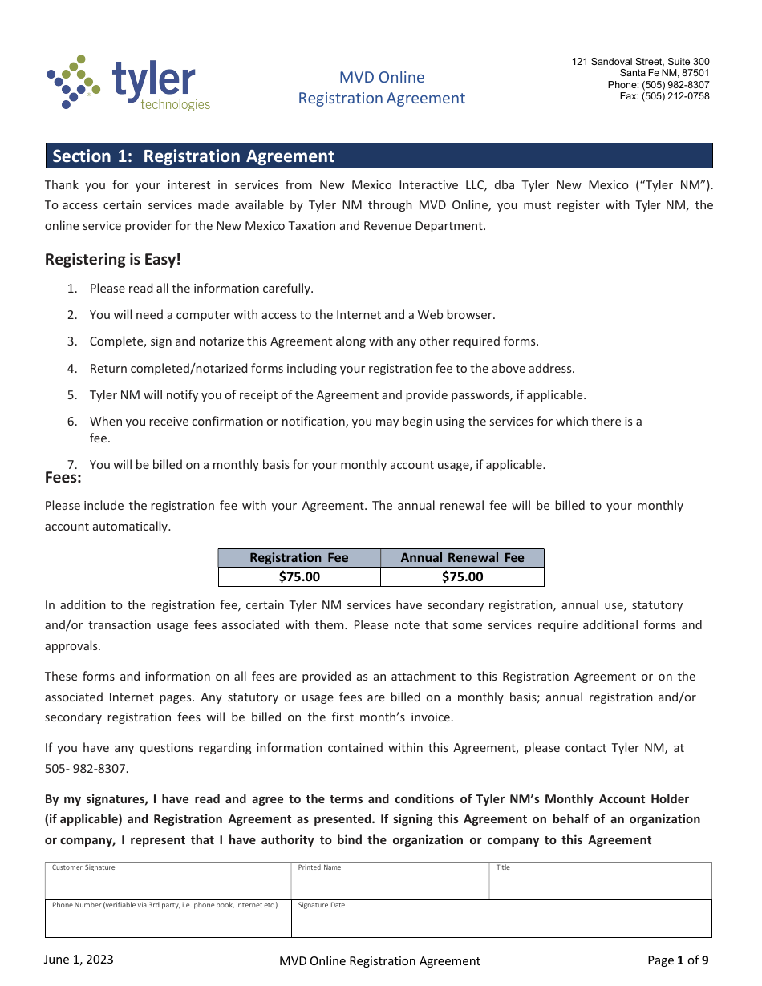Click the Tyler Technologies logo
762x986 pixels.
coord(129,83)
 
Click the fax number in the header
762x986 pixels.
coord(664,96)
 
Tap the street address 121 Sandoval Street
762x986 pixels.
coord(640,62)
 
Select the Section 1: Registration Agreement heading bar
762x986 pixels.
coord(379,156)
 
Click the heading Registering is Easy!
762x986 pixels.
coord(113,260)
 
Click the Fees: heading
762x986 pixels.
coord(63,478)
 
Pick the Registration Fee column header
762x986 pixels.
coord(299,558)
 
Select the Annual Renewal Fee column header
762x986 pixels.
coord(462,558)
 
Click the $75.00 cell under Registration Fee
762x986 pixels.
coord(299,577)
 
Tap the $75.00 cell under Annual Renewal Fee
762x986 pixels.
coord(462,577)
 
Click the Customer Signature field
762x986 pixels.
coord(168,882)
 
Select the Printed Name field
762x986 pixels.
coord(390,882)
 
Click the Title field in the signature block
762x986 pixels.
coord(600,882)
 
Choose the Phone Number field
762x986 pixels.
coord(168,919)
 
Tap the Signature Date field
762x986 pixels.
coord(501,919)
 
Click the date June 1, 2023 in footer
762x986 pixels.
coord(79,960)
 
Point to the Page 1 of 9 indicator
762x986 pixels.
coord(678,960)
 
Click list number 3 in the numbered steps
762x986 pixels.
coord(72,341)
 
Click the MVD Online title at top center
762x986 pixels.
coord(382,77)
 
